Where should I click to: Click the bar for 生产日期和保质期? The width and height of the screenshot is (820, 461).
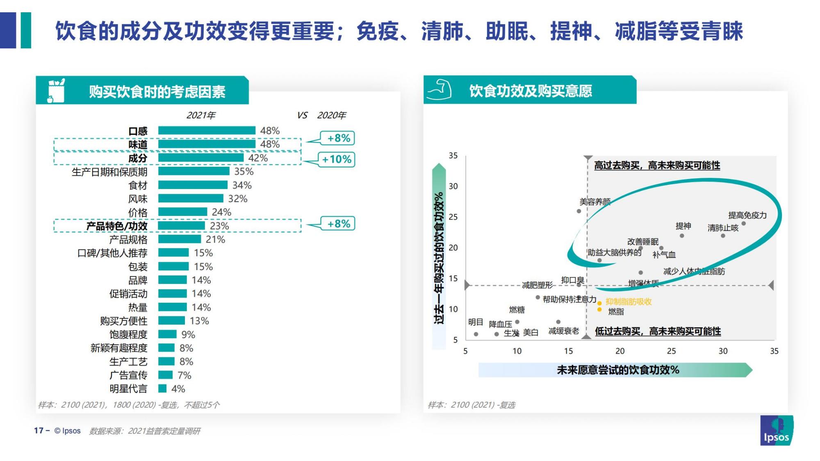tap(194, 171)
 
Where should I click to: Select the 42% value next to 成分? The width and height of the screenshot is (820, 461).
tap(257, 158)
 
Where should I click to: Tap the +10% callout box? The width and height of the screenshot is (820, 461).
tap(337, 159)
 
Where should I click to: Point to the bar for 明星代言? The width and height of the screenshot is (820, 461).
tap(162, 388)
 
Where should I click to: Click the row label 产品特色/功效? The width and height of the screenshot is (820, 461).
tap(117, 226)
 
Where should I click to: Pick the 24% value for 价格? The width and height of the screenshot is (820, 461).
tap(221, 212)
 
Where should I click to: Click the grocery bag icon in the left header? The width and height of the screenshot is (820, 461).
tap(56, 91)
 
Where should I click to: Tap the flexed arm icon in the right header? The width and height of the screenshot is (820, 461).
tap(439, 90)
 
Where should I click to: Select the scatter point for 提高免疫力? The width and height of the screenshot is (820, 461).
tap(743, 224)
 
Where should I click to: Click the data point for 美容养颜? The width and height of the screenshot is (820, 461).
tap(579, 211)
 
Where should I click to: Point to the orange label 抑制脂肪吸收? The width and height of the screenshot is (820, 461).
tap(629, 302)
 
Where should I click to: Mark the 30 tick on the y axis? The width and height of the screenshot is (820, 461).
tap(453, 186)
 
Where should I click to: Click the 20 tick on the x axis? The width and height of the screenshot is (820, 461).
tap(620, 351)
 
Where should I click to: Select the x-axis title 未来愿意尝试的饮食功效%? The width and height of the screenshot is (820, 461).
tap(617, 370)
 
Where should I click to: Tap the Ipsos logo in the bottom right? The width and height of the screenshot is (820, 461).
tap(776, 431)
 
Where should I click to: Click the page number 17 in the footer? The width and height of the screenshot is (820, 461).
tap(39, 431)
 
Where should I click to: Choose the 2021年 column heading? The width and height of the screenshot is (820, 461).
tap(201, 116)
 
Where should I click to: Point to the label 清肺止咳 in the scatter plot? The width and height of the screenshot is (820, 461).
tap(722, 228)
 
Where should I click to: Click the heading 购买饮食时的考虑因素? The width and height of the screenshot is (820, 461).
tap(157, 92)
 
